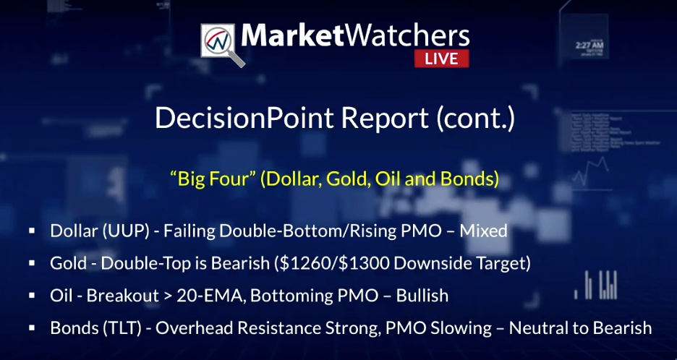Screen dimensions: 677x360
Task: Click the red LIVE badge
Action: pos(441,59)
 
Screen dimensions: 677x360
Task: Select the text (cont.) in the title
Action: pos(475,118)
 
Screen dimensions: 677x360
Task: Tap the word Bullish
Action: pos(422,296)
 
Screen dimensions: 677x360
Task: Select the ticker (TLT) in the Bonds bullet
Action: pos(123,328)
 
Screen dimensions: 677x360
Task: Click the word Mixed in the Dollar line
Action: pos(483,231)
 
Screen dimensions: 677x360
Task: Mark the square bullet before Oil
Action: pos(32,295)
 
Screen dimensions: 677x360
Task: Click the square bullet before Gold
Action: pos(32,263)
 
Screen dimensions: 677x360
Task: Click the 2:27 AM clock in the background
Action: pos(589,45)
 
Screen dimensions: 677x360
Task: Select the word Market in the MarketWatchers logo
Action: pos(292,36)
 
